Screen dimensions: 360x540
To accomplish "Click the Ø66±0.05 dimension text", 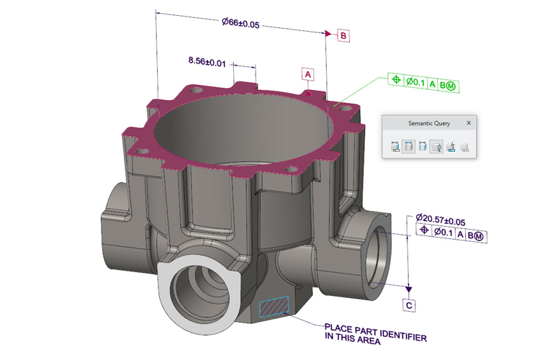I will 241,22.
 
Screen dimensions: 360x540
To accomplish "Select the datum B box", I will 343,35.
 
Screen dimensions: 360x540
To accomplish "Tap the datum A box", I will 308,74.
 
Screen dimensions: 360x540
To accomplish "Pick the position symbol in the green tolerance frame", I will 396,83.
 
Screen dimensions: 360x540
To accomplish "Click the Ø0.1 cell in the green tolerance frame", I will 415,83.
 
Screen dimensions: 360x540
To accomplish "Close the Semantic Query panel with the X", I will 469,123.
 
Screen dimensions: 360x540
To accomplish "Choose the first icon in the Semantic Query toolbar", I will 395,147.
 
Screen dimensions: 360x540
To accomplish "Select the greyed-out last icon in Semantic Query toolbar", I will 465,147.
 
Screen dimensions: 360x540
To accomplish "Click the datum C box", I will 409,305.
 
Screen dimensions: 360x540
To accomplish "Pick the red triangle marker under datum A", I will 308,92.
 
